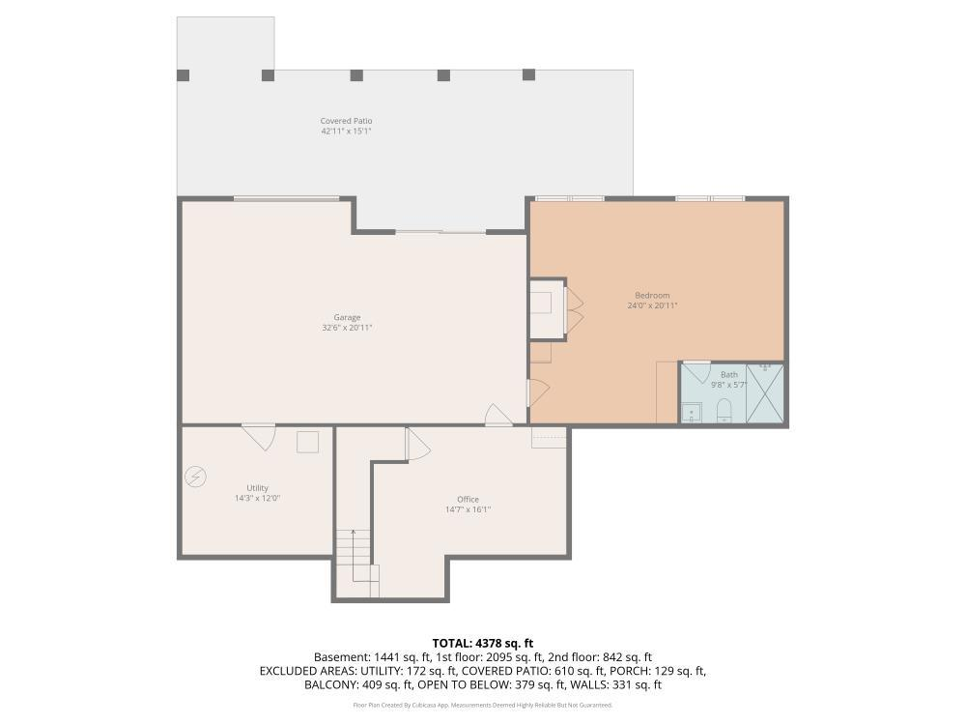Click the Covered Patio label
pos(346,121)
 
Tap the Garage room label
pos(347,317)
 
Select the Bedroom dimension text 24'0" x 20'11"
pos(652,305)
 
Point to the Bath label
pos(728,374)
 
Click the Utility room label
pos(258,487)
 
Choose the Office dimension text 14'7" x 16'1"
pos(469,509)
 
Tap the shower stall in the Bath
pos(765,393)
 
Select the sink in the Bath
pos(692,413)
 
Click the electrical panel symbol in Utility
pos(195,477)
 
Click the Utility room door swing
pos(259,437)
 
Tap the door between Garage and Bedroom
pos(538,393)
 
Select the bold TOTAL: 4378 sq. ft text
pos(482,644)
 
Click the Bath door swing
pos(697,372)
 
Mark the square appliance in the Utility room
pos(307,442)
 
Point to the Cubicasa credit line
pos(482,705)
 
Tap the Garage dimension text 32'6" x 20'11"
pos(347,328)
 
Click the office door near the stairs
pos(417,444)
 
